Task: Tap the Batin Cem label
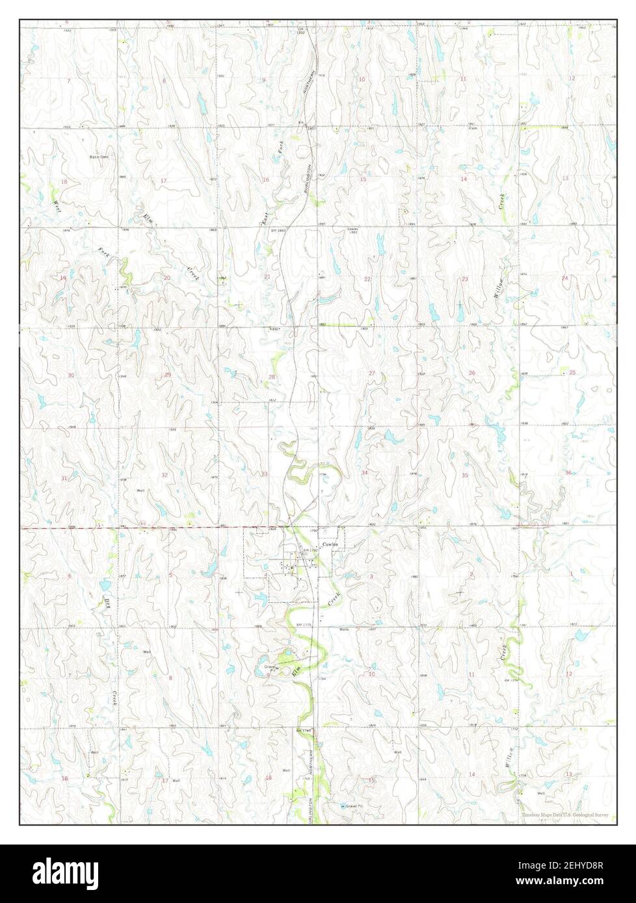99,157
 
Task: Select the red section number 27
372,373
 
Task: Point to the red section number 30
71,375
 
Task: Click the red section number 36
568,472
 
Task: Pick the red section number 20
167,278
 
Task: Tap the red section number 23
464,279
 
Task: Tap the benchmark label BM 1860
280,231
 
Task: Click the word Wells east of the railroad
345,629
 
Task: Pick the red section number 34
364,472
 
